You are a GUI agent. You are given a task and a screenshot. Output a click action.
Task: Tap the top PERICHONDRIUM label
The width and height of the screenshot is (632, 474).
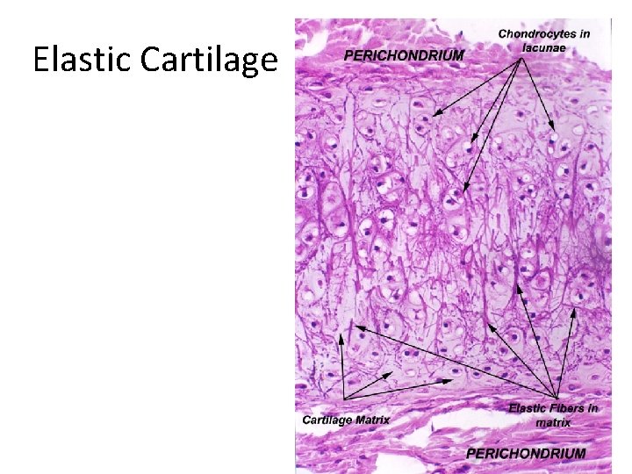(404, 54)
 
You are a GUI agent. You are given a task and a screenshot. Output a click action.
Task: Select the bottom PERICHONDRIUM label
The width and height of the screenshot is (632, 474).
(525, 453)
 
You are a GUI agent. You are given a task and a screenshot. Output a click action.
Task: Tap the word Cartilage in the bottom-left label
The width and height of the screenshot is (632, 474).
(325, 420)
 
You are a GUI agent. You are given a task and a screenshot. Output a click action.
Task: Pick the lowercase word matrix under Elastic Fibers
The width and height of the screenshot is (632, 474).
(553, 422)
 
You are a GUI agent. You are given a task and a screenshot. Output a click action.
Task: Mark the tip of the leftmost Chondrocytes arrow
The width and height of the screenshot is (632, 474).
(433, 115)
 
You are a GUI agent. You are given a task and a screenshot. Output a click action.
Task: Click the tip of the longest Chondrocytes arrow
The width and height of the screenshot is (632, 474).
(463, 191)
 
